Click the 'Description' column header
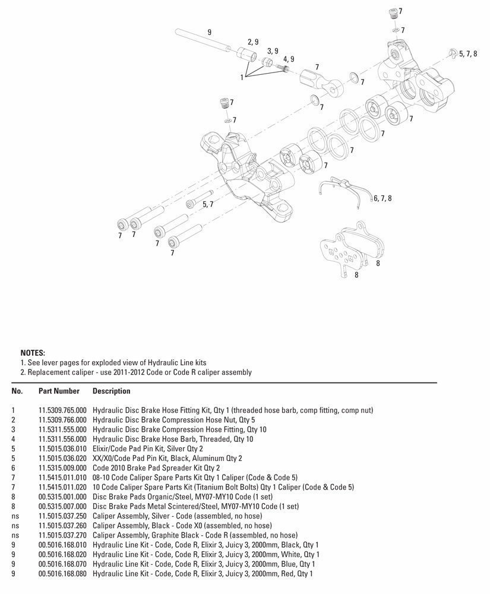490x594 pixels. [x=112, y=391]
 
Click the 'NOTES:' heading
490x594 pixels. [x=33, y=352]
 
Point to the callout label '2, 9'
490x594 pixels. [x=253, y=42]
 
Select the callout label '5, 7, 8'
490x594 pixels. [x=467, y=53]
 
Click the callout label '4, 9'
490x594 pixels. [x=289, y=59]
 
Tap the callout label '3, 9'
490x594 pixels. [x=273, y=51]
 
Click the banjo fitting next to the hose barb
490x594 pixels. [x=321, y=81]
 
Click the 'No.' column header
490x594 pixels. [x=17, y=391]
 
